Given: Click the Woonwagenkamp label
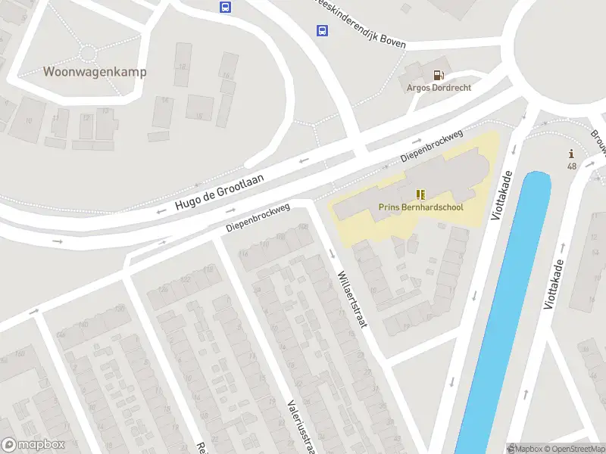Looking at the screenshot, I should click(95, 72).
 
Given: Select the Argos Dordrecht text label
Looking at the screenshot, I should click(439, 88).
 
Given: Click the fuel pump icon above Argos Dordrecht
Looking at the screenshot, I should click(439, 74).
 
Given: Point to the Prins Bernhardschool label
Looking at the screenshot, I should click(420, 207).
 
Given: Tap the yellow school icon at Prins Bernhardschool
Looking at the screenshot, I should click(420, 194).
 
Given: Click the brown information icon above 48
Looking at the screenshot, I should click(571, 154).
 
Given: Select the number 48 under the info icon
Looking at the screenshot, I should click(571, 166).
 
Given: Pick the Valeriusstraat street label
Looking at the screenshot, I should click(301, 424).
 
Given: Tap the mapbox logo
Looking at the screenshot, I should click(33, 445).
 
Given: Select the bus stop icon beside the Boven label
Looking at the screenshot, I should click(322, 31).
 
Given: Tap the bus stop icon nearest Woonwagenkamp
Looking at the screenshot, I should click(225, 7).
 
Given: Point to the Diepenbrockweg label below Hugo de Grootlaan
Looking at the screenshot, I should click(258, 217).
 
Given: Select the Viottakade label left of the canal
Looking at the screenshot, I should click(502, 195).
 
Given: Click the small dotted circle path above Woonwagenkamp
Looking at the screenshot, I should click(89, 52).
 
